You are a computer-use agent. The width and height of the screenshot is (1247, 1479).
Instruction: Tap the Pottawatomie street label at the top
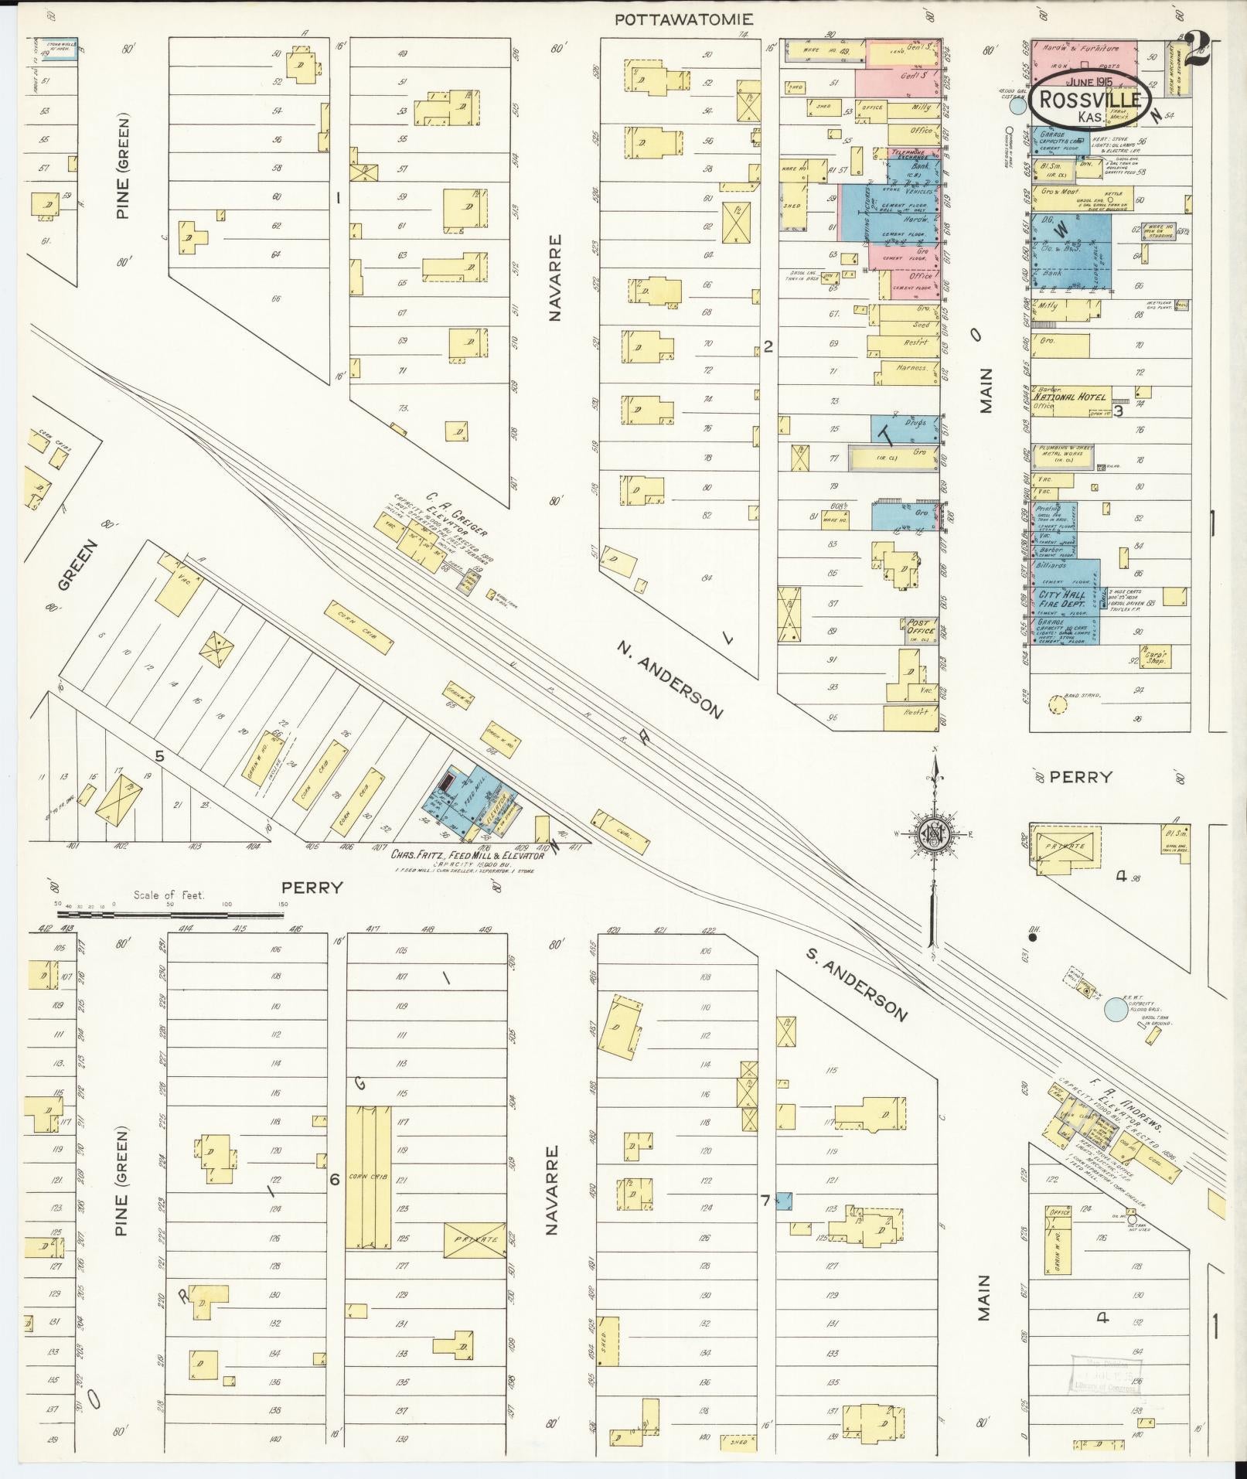coord(683,19)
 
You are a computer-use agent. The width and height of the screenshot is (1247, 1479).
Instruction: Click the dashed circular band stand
coord(1052,703)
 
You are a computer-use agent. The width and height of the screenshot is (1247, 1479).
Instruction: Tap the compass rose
coord(933,835)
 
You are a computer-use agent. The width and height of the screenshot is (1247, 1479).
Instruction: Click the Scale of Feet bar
coord(169,914)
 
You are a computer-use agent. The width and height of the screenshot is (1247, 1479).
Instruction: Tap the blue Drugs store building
coord(905,428)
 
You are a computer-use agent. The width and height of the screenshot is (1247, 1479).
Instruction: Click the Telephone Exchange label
coord(913,154)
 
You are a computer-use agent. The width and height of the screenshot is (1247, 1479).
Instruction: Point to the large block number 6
coord(335,1180)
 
